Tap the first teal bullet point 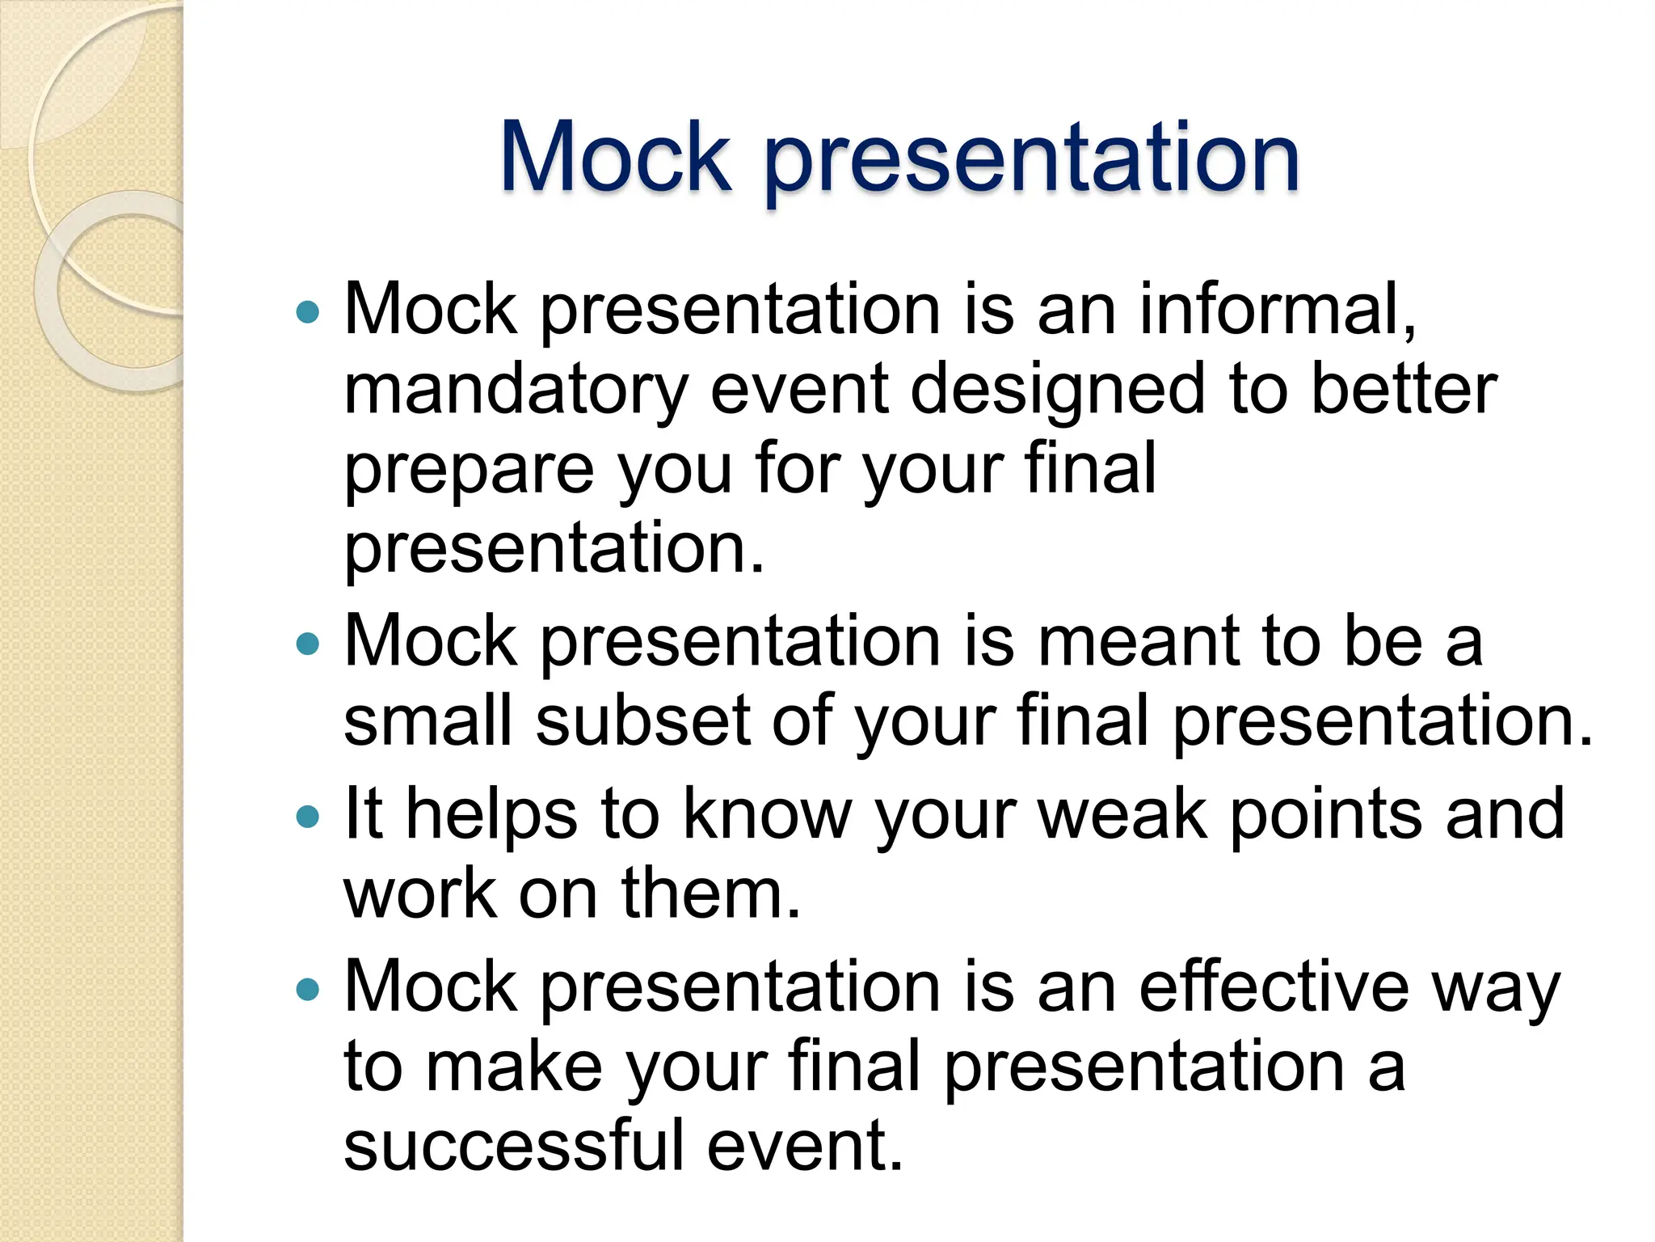(x=308, y=312)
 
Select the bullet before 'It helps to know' (x=308, y=817)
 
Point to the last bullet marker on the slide (x=308, y=989)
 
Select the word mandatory (x=516, y=390)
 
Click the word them (x=710, y=893)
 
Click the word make (x=514, y=1066)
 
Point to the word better (x=1404, y=390)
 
